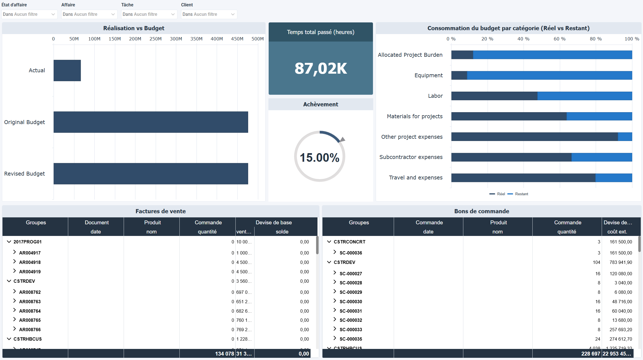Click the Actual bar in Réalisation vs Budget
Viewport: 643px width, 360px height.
pyautogui.click(x=67, y=70)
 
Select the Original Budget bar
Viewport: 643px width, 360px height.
pyautogui.click(x=151, y=122)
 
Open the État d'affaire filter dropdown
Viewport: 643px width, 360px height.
pyautogui.click(x=29, y=14)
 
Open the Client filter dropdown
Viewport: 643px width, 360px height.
pyautogui.click(x=209, y=14)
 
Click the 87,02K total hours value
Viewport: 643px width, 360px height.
pyautogui.click(x=321, y=68)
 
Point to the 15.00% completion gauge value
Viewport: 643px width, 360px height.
pyautogui.click(x=319, y=158)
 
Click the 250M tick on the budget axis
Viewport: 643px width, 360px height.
pyautogui.click(x=156, y=39)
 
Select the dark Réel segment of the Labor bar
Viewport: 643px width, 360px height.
pyautogui.click(x=494, y=96)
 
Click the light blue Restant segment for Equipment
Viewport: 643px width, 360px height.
pyautogui.click(x=549, y=75)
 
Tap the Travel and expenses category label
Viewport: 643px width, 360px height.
pyautogui.click(x=415, y=178)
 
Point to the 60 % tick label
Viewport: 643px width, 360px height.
pyautogui.click(x=559, y=39)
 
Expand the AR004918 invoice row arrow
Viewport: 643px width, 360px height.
pyautogui.click(x=14, y=262)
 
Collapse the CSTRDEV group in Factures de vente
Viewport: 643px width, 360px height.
pyautogui.click(x=9, y=281)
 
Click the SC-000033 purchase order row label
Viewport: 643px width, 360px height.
pyautogui.click(x=350, y=330)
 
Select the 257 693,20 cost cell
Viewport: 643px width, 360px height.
pyautogui.click(x=621, y=330)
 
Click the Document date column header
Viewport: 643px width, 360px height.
pyautogui.click(x=96, y=227)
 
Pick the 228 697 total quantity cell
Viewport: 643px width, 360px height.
pyautogui.click(x=590, y=354)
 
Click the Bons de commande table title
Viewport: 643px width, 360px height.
pyautogui.click(x=481, y=211)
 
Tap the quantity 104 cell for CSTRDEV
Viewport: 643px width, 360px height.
pyautogui.click(x=596, y=262)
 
